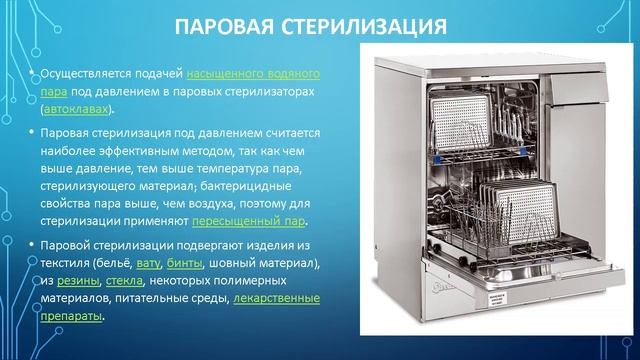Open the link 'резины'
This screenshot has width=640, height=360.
(x=78, y=281)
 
